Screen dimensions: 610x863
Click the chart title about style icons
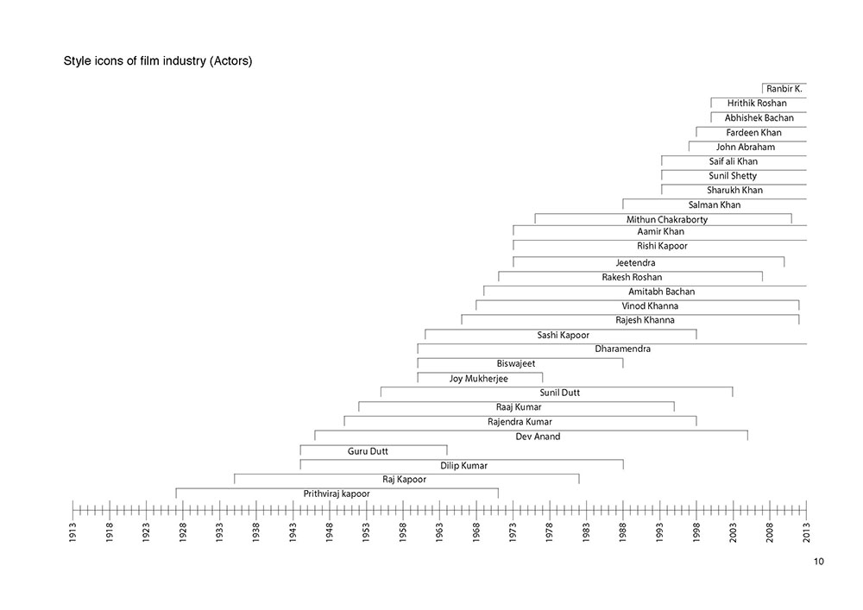[x=158, y=62]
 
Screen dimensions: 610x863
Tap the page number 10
[x=818, y=562]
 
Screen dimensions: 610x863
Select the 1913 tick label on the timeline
[x=72, y=531]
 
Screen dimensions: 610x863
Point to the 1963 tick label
[x=439, y=531]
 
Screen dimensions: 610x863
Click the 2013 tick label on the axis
[x=806, y=531]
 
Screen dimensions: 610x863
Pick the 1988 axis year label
[x=623, y=531]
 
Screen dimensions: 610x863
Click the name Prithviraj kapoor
[x=337, y=494]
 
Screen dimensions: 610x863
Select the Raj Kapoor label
[x=405, y=479]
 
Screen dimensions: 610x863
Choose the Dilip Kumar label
[x=463, y=465]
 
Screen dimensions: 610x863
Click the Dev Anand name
[x=538, y=437]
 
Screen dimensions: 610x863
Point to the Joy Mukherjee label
[x=479, y=378]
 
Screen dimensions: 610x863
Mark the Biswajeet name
[x=516, y=363]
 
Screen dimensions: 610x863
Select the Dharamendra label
[x=622, y=349]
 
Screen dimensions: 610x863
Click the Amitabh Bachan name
[x=661, y=292]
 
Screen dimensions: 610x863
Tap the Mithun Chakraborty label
[x=667, y=220]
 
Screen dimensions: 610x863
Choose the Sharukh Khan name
[x=734, y=190]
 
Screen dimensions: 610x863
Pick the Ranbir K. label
[x=784, y=88]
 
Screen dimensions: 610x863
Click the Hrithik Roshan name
[x=757, y=104]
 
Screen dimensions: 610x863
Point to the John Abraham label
[x=746, y=147]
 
